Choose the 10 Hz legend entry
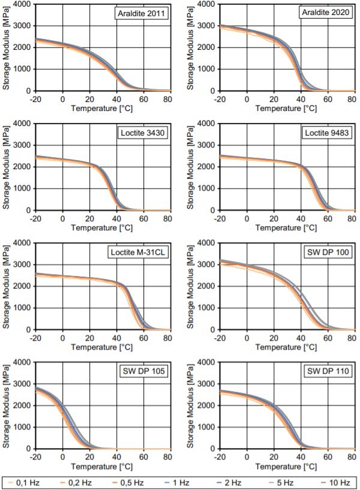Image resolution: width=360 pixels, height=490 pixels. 340,482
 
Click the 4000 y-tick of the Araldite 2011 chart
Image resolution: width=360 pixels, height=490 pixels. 23,4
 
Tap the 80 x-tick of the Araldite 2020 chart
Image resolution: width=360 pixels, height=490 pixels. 351,100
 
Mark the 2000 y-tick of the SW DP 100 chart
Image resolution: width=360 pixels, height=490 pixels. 206,286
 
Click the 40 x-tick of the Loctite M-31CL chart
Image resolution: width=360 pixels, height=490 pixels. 116,338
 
